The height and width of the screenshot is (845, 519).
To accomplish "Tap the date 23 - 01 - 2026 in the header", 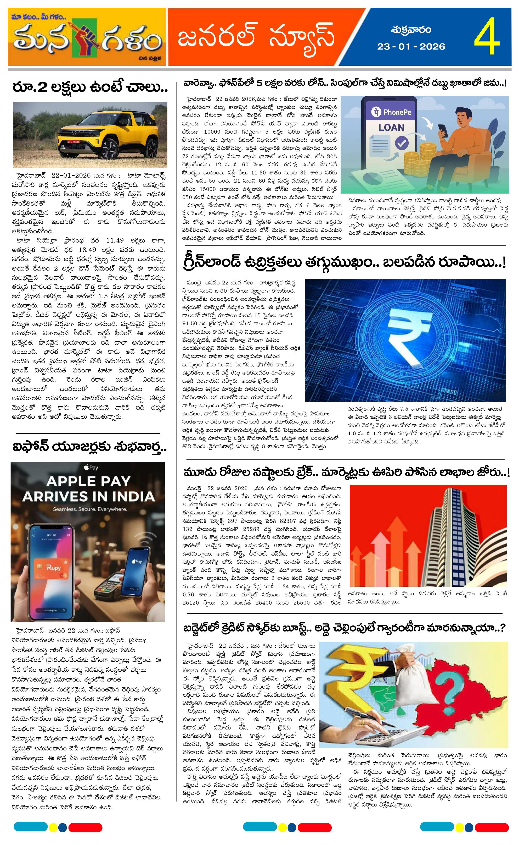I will tap(411, 47).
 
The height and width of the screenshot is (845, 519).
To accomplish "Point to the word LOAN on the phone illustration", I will tap(391, 128).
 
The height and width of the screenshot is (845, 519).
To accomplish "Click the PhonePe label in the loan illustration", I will tap(392, 112).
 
